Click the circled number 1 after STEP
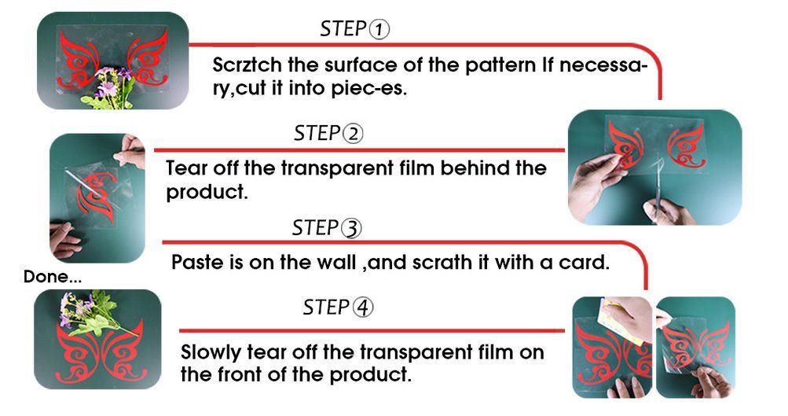[x=379, y=30]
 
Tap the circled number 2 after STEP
[x=353, y=134]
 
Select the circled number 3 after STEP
[x=351, y=228]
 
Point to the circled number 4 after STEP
[x=363, y=307]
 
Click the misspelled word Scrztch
[x=247, y=65]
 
